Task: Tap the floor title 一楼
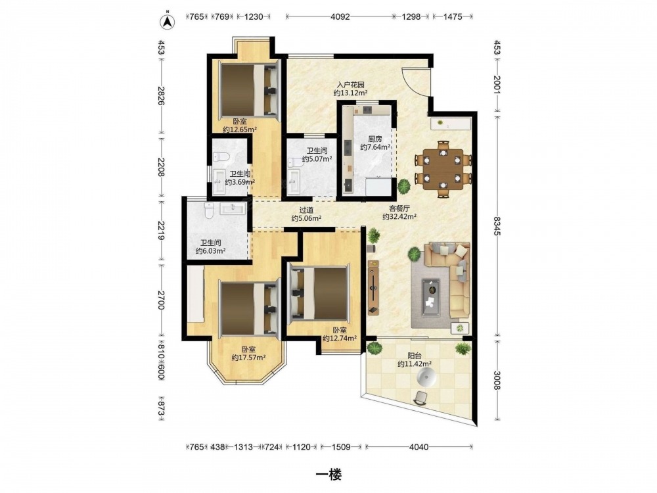coord(328,475)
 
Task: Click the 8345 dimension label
coord(497,226)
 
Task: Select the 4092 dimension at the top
coord(340,17)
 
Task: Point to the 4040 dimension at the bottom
coord(419,447)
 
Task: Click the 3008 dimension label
coord(497,380)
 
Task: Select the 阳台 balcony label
coord(415,356)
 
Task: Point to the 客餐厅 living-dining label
coord(399,208)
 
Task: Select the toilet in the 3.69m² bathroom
coord(221,157)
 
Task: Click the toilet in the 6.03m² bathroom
coord(209,210)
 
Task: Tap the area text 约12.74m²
coord(340,339)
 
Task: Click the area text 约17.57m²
coord(249,357)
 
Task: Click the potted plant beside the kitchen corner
coord(404,186)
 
